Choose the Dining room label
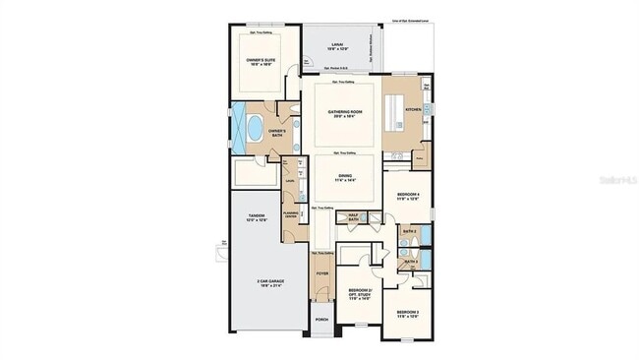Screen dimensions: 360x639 (343, 178)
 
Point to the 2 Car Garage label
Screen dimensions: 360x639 (257, 283)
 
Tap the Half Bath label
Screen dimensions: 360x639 (353, 217)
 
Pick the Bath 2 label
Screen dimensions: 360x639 (411, 232)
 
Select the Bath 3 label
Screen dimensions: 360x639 (411, 263)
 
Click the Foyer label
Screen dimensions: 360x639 (321, 275)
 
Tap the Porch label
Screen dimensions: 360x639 (321, 320)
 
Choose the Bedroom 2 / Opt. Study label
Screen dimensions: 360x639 (359, 294)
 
